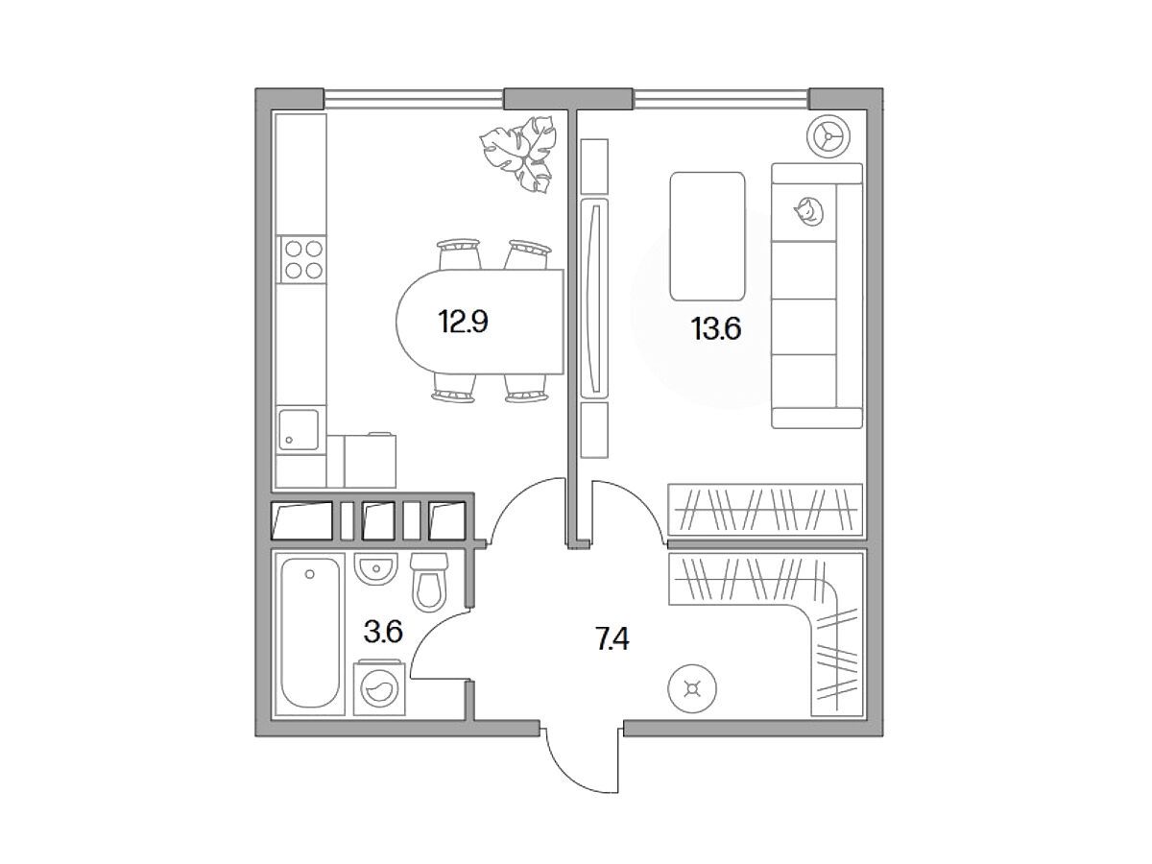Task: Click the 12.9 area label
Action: pyautogui.click(x=464, y=323)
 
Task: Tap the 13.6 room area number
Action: pyautogui.click(x=716, y=329)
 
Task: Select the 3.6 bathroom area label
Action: pyautogui.click(x=383, y=632)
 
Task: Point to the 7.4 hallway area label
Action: pyautogui.click(x=612, y=639)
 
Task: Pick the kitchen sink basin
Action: pyautogui.click(x=299, y=430)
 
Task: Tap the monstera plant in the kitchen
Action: pyautogui.click(x=518, y=154)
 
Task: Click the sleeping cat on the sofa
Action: pyautogui.click(x=807, y=212)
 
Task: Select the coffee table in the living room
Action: pyautogui.click(x=708, y=236)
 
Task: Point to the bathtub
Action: pyautogui.click(x=310, y=633)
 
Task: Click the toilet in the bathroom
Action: pyautogui.click(x=430, y=583)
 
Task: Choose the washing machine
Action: pyautogui.click(x=379, y=688)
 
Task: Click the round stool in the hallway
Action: pyautogui.click(x=692, y=688)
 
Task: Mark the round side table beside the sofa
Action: pyautogui.click(x=828, y=136)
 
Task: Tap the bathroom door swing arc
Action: pyautogui.click(x=426, y=631)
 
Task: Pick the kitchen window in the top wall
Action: pyautogui.click(x=413, y=99)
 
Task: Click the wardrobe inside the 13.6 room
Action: pyautogui.click(x=765, y=510)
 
